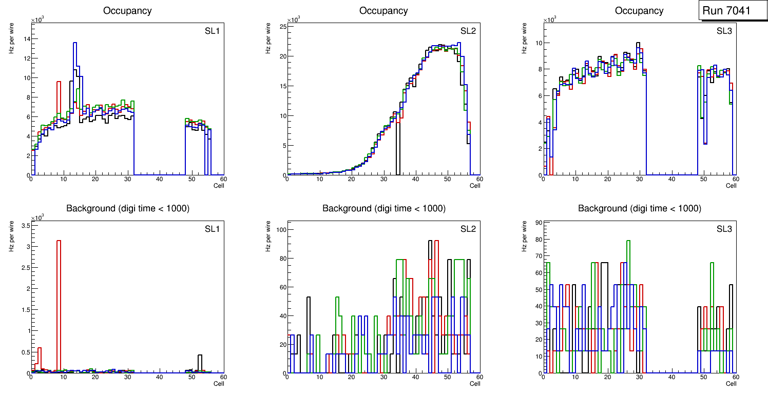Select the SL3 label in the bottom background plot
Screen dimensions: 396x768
724,228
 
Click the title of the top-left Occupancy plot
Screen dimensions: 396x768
127,11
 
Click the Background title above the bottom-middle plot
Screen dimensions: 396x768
383,208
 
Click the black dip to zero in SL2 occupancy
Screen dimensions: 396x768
397,154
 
